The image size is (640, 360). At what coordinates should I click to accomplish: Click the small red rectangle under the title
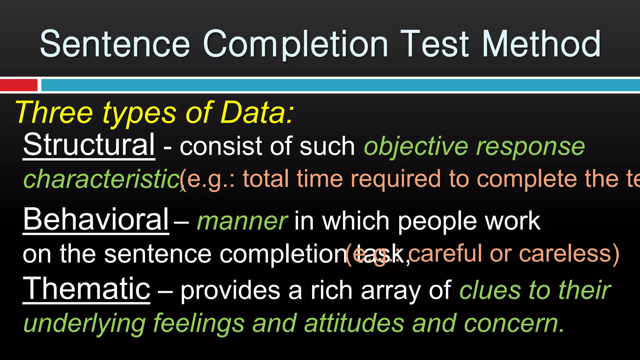tap(18, 85)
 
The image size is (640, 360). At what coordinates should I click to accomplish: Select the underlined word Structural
tap(89, 145)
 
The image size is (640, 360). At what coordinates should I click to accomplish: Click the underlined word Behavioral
tap(96, 219)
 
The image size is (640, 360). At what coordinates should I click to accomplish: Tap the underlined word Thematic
tap(87, 289)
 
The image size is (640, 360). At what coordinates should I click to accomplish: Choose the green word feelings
tap(199, 323)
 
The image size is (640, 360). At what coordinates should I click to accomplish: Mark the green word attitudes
tap(354, 323)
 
